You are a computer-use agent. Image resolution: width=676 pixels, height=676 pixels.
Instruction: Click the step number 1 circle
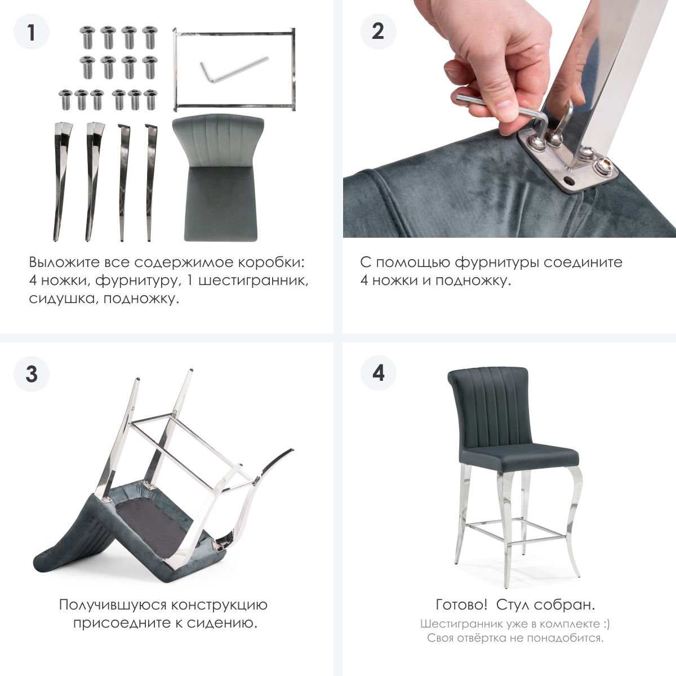click(x=32, y=32)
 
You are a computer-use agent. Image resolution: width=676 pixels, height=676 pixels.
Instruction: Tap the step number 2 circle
click(x=378, y=32)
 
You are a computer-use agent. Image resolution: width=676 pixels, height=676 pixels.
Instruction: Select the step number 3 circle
click(x=32, y=373)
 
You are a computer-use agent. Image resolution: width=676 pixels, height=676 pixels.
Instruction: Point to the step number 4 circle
click(x=378, y=373)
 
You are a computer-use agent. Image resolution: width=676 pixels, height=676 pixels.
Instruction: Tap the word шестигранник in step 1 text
click(x=253, y=281)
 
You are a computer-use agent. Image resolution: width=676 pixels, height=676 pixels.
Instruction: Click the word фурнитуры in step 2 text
click(x=497, y=263)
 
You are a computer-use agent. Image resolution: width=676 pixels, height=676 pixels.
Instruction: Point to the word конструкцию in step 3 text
click(x=219, y=605)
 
